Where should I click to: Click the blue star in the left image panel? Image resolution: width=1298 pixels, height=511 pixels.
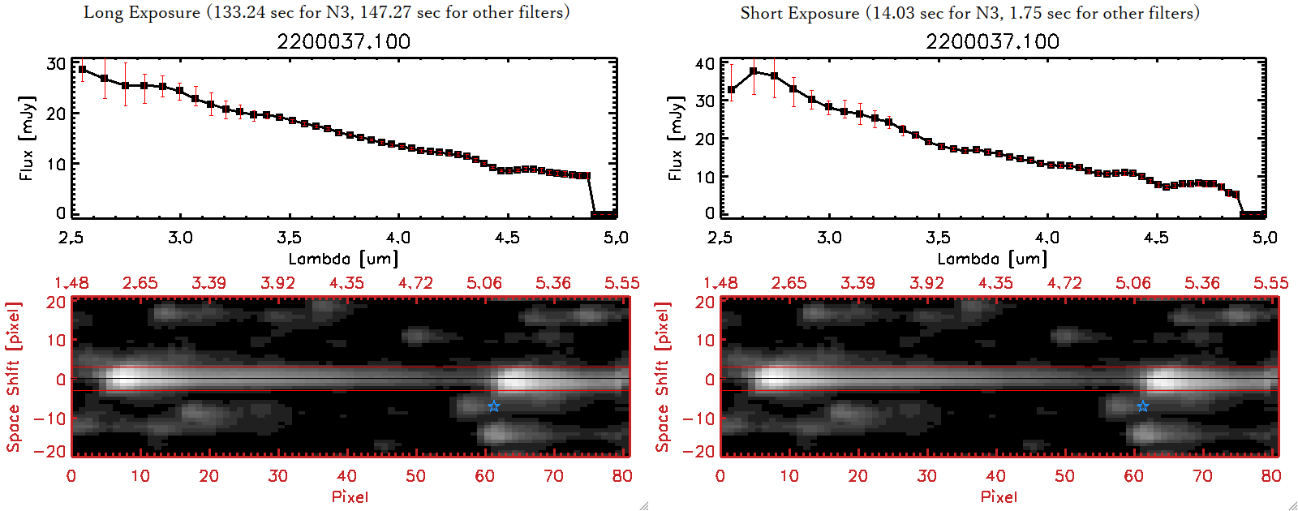pyautogui.click(x=493, y=406)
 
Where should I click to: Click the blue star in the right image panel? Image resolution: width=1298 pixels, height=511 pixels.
pyautogui.click(x=1142, y=406)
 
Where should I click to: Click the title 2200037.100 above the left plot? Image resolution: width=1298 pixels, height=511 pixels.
pyautogui.click(x=343, y=41)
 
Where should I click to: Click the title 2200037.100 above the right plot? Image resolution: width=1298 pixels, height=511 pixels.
pyautogui.click(x=992, y=41)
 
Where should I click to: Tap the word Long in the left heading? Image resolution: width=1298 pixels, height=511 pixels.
pyautogui.click(x=101, y=12)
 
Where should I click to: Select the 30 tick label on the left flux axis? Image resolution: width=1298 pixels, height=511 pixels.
pyautogui.click(x=56, y=64)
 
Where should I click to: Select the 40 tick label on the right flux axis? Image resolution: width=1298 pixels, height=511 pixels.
pyautogui.click(x=705, y=64)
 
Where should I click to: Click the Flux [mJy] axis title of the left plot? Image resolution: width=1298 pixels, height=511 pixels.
pyautogui.click(x=27, y=138)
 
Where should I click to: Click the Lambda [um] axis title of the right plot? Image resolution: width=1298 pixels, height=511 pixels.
pyautogui.click(x=992, y=259)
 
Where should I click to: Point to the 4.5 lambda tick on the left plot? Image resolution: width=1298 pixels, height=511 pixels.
pyautogui.click(x=507, y=238)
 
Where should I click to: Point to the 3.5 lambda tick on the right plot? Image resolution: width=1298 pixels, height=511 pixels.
pyautogui.click(x=938, y=238)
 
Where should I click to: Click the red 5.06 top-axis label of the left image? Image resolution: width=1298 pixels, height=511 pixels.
pyautogui.click(x=484, y=283)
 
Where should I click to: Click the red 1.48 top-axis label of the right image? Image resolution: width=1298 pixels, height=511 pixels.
pyautogui.click(x=720, y=283)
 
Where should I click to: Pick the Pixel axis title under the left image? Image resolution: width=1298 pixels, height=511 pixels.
pyautogui.click(x=350, y=496)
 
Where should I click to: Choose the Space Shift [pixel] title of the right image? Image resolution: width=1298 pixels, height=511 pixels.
pyautogui.click(x=663, y=377)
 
